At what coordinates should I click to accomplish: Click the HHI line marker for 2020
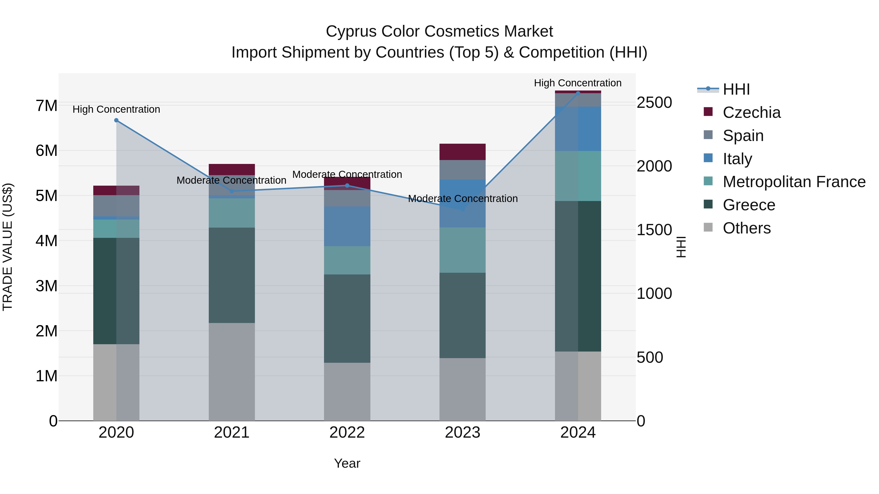point(116,120)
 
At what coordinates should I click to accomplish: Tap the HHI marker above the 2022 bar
point(347,185)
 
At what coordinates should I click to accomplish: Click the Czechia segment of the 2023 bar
point(462,152)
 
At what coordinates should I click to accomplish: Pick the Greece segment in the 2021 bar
point(232,275)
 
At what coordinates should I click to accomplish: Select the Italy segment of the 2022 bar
point(347,226)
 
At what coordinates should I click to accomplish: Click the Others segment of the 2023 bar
point(462,389)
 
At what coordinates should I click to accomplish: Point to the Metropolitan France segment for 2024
point(578,176)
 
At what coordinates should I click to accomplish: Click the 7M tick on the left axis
point(46,106)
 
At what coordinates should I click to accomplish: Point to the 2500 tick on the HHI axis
point(654,103)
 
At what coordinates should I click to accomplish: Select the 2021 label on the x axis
point(232,433)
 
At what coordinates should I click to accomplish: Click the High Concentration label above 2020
point(116,110)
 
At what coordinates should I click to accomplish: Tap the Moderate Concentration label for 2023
point(463,198)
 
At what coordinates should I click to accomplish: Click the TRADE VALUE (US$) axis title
point(8,247)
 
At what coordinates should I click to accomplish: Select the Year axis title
point(347,463)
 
